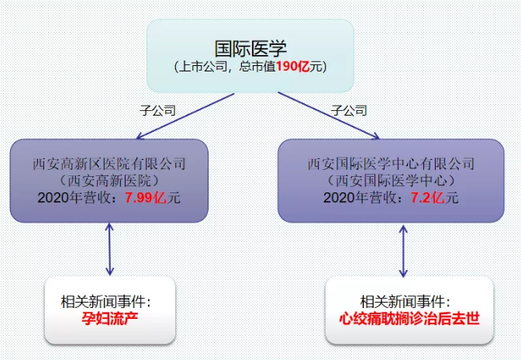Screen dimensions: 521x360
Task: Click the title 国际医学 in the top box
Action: point(250,49)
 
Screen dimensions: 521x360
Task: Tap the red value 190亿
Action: point(293,67)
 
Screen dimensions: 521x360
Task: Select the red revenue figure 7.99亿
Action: point(146,198)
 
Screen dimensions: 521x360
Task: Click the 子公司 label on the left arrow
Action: point(157,110)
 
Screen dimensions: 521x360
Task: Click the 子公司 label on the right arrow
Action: point(349,110)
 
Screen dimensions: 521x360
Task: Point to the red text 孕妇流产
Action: point(110,319)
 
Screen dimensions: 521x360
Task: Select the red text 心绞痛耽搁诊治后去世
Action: point(409,319)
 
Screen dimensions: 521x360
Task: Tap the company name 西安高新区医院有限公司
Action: point(109,164)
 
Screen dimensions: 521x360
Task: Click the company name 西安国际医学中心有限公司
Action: point(391,164)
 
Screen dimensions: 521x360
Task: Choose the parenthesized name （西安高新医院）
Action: point(109,181)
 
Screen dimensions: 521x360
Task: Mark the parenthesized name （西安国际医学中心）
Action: point(391,181)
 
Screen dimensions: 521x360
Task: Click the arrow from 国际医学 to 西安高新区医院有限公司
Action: point(185,116)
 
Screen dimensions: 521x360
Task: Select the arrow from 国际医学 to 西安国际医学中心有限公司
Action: point(329,116)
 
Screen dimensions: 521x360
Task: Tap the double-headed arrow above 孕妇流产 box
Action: point(109,249)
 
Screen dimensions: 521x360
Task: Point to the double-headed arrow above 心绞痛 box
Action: point(403,251)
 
